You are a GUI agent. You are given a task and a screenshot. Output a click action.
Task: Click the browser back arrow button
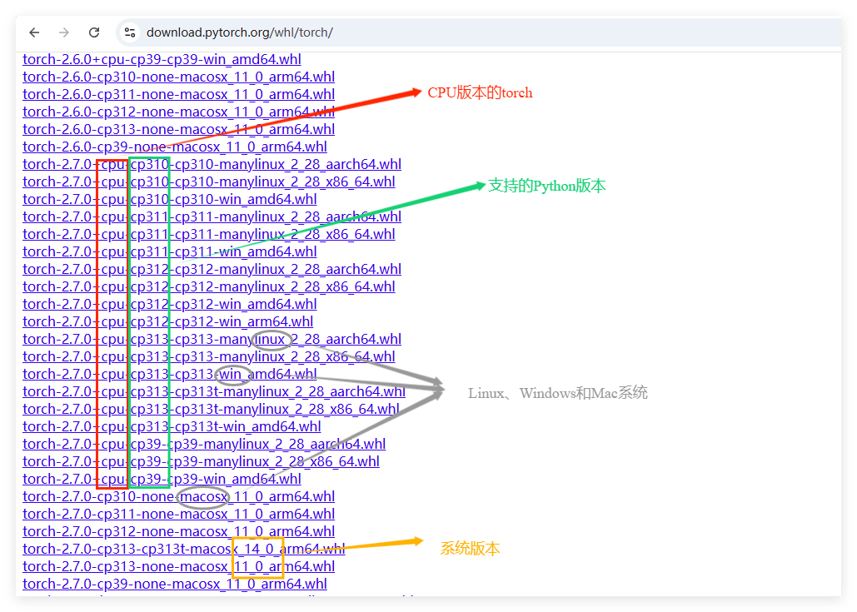pos(34,32)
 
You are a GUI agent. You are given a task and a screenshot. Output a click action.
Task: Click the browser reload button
pos(94,32)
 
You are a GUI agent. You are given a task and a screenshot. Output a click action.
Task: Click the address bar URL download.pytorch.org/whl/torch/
pos(240,32)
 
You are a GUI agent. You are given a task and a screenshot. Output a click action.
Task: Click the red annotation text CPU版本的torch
pos(480,92)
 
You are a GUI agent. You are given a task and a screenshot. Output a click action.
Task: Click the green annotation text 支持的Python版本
pos(546,186)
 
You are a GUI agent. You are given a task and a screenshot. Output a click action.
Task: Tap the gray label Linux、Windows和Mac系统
pos(557,393)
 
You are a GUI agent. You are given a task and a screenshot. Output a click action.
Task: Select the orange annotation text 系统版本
pos(470,549)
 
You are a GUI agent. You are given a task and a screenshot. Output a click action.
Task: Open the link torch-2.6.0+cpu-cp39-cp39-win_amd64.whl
pos(162,60)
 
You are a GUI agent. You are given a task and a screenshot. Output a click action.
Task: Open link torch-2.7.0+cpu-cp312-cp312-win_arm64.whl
pos(167,321)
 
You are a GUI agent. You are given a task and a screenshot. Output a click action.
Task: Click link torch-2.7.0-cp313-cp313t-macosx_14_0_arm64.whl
pos(183,549)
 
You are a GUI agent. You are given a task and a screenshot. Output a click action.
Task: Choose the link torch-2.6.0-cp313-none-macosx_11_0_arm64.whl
pos(178,129)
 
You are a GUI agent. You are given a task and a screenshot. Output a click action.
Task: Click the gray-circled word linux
pos(272,340)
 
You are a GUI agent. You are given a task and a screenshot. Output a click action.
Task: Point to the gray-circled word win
pos(232,375)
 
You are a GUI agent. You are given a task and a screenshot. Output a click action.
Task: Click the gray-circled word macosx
pos(203,497)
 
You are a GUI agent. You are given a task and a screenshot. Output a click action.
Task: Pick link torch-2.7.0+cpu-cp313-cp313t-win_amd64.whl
pos(172,427)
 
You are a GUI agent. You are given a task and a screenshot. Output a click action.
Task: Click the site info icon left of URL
pos(130,32)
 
